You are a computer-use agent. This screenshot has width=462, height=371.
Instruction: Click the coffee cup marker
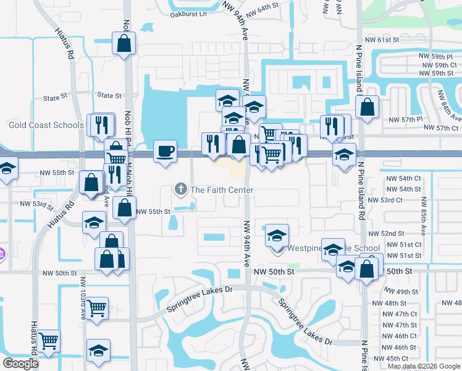coord(165,151)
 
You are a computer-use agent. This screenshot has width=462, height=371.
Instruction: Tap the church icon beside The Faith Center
coord(181,189)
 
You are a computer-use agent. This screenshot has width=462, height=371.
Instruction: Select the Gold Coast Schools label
coord(46,125)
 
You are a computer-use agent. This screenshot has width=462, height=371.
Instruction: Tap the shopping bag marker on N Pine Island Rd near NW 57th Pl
coord(367,107)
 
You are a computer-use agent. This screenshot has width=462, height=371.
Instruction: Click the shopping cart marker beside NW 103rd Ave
coord(96,307)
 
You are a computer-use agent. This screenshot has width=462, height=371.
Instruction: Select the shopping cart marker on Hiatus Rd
coord(48,340)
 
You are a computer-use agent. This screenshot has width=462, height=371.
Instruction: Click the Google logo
coord(20,363)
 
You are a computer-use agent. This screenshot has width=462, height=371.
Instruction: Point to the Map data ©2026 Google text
coord(423,366)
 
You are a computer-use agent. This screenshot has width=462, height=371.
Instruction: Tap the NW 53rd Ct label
coord(385,200)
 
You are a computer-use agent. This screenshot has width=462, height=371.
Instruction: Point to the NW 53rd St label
coord(36,203)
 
